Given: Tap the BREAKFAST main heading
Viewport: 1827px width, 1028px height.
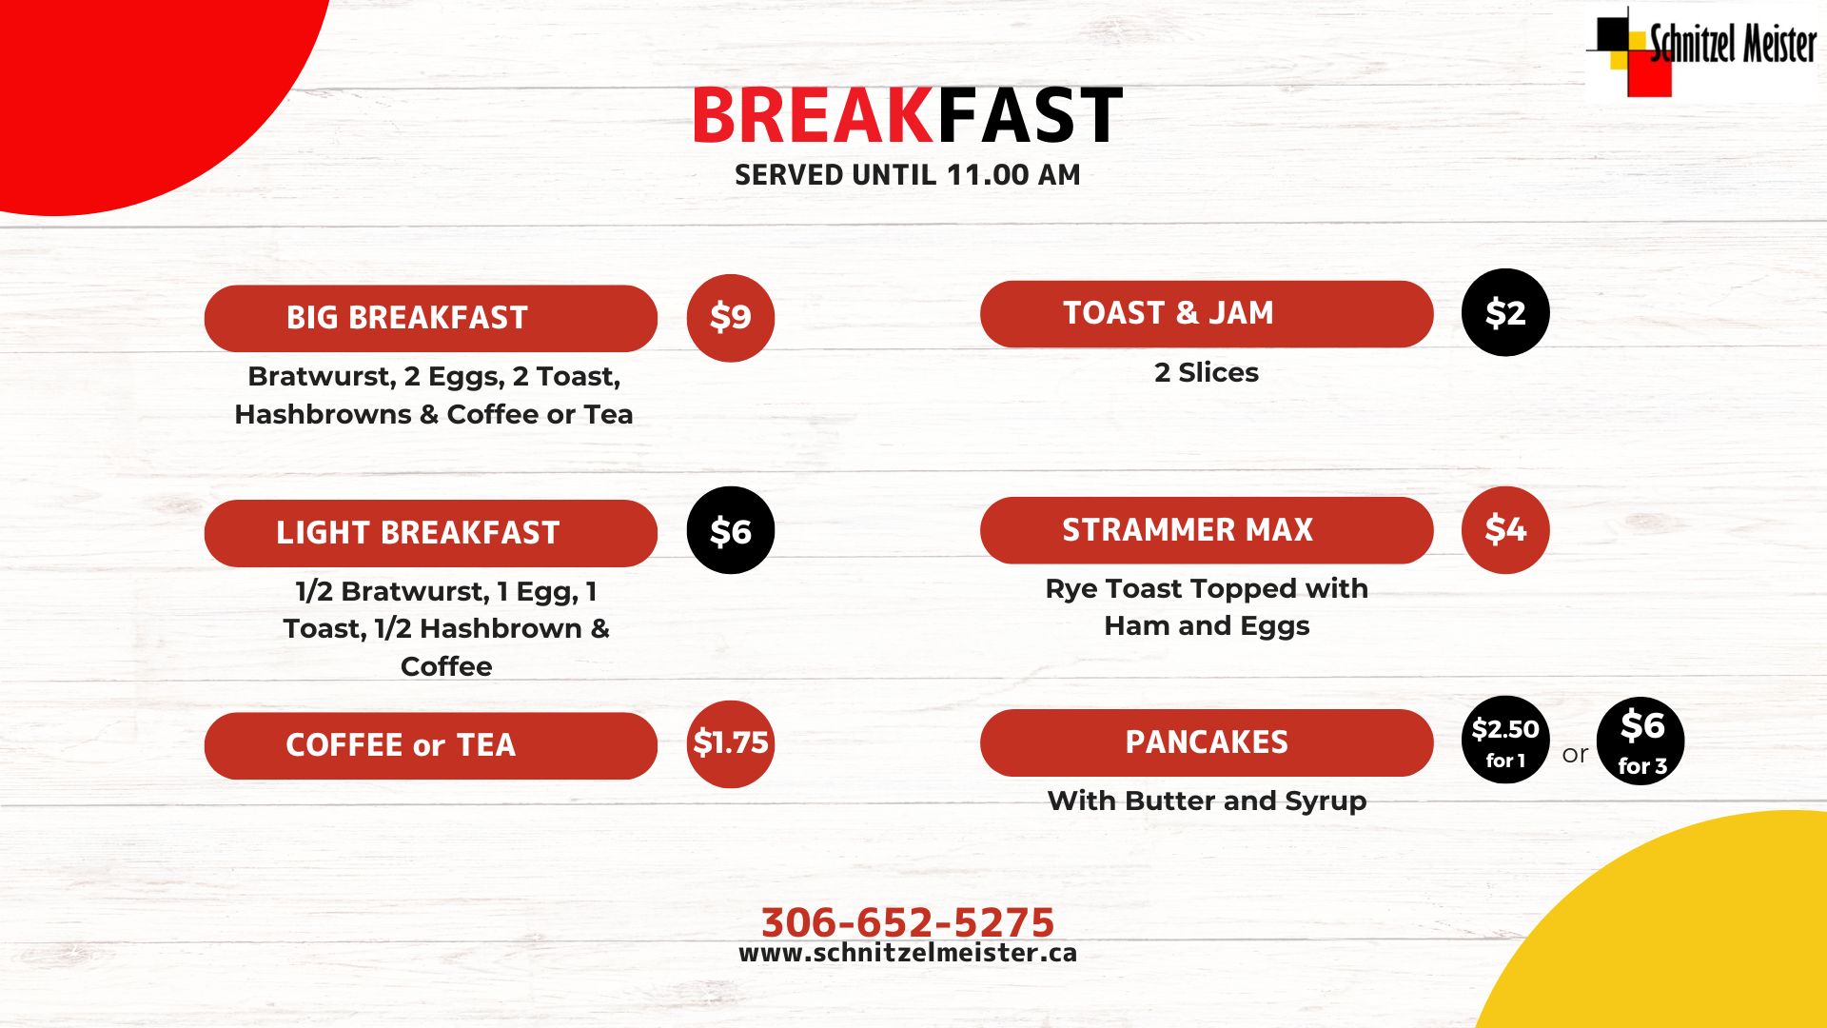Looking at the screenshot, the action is [907, 116].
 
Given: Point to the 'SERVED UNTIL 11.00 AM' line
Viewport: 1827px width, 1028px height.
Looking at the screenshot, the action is [907, 175].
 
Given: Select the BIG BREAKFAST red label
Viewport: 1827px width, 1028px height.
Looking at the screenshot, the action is [430, 318].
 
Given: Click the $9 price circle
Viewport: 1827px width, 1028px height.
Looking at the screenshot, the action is [731, 318].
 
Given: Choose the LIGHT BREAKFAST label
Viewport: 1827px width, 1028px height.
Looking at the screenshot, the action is [430, 533].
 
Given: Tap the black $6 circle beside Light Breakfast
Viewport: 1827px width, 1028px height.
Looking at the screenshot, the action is [731, 530].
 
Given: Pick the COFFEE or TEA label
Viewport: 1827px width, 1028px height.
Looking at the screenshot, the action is [430, 745].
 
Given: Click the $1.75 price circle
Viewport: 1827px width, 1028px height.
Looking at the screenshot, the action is [731, 743].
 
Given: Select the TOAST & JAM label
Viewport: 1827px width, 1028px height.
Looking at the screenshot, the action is [1207, 314].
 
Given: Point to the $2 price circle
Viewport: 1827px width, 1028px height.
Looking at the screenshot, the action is [1505, 313].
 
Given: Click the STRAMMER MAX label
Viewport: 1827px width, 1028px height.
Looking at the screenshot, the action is [1207, 530].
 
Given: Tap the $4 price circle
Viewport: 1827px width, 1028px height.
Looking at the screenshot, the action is [1505, 530].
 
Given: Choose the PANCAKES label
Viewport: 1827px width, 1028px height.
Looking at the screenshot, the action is [1207, 742].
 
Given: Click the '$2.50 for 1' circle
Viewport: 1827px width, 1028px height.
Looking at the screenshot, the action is [1505, 741].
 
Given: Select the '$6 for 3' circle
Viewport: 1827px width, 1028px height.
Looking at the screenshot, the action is [1640, 741].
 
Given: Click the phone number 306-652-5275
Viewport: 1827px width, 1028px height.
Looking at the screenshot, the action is [908, 921].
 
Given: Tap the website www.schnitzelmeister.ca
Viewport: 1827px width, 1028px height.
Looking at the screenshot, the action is [908, 953].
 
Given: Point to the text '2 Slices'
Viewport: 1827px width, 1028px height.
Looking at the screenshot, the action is [1207, 372].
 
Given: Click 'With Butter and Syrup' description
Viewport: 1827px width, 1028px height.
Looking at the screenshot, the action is [1207, 801].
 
